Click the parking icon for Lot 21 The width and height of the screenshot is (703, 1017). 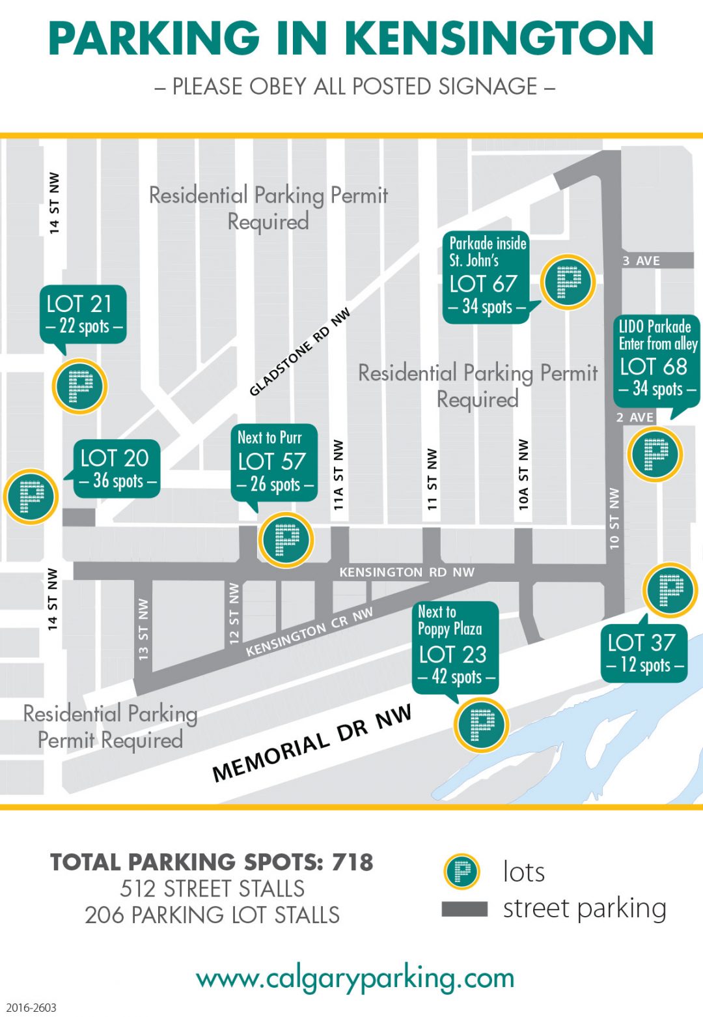click(79, 386)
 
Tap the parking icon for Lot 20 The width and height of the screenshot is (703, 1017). click(31, 496)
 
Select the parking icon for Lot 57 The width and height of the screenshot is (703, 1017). click(286, 539)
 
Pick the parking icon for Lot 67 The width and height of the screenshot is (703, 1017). click(568, 282)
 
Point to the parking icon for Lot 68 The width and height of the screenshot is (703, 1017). click(655, 454)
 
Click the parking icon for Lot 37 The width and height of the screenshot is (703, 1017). click(670, 590)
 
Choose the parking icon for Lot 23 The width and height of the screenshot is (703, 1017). click(481, 724)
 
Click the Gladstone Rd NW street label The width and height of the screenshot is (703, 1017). click(300, 352)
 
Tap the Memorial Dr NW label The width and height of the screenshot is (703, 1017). click(312, 743)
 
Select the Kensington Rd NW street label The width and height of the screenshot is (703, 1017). click(407, 572)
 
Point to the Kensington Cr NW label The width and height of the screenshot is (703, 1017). click(309, 631)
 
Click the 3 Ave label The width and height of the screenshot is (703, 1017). click(641, 261)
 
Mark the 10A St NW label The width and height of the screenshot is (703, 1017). click(523, 474)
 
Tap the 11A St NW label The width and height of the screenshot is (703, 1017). click(338, 474)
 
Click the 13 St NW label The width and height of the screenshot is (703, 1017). click(143, 629)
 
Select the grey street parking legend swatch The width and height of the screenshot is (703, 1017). click(464, 909)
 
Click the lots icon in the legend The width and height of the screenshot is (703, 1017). click(462, 872)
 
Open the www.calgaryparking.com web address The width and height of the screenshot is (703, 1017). click(355, 978)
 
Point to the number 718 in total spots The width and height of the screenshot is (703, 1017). click(352, 862)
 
